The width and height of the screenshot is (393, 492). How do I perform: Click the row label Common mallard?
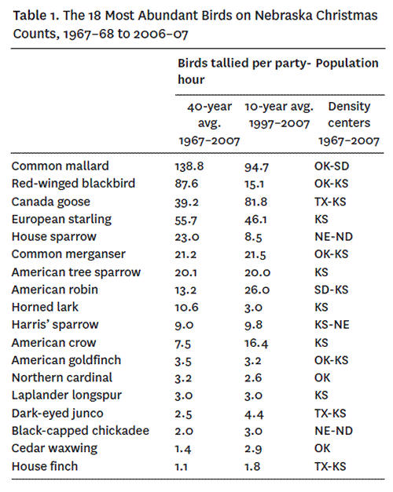point(60,166)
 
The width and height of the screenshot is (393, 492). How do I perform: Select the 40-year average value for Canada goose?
point(187,202)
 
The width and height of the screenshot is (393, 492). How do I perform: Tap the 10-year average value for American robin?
point(257,290)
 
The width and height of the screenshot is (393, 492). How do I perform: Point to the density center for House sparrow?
point(333,237)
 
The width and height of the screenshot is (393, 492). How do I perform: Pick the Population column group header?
point(347,63)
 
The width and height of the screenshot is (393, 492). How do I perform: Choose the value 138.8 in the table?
point(189,166)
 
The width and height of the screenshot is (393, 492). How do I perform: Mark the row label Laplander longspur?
point(67,395)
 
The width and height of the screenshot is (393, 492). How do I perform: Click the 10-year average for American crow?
point(256,343)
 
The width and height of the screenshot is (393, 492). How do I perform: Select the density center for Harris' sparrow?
point(332,325)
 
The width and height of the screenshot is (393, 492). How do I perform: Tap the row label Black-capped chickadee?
point(80,431)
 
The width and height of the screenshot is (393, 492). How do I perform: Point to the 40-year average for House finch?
point(181,467)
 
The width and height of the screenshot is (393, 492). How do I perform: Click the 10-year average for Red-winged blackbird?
point(255,184)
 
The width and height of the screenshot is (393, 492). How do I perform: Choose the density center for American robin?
point(332,290)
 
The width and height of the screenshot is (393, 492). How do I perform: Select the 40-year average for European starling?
point(186,220)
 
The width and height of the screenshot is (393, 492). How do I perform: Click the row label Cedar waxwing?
point(54,448)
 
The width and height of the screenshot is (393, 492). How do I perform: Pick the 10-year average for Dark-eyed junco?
point(255,414)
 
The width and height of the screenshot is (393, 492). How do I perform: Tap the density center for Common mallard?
point(332,166)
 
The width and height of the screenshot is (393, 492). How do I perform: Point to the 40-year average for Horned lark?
point(187,307)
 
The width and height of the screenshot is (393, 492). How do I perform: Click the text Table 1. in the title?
point(36,15)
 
